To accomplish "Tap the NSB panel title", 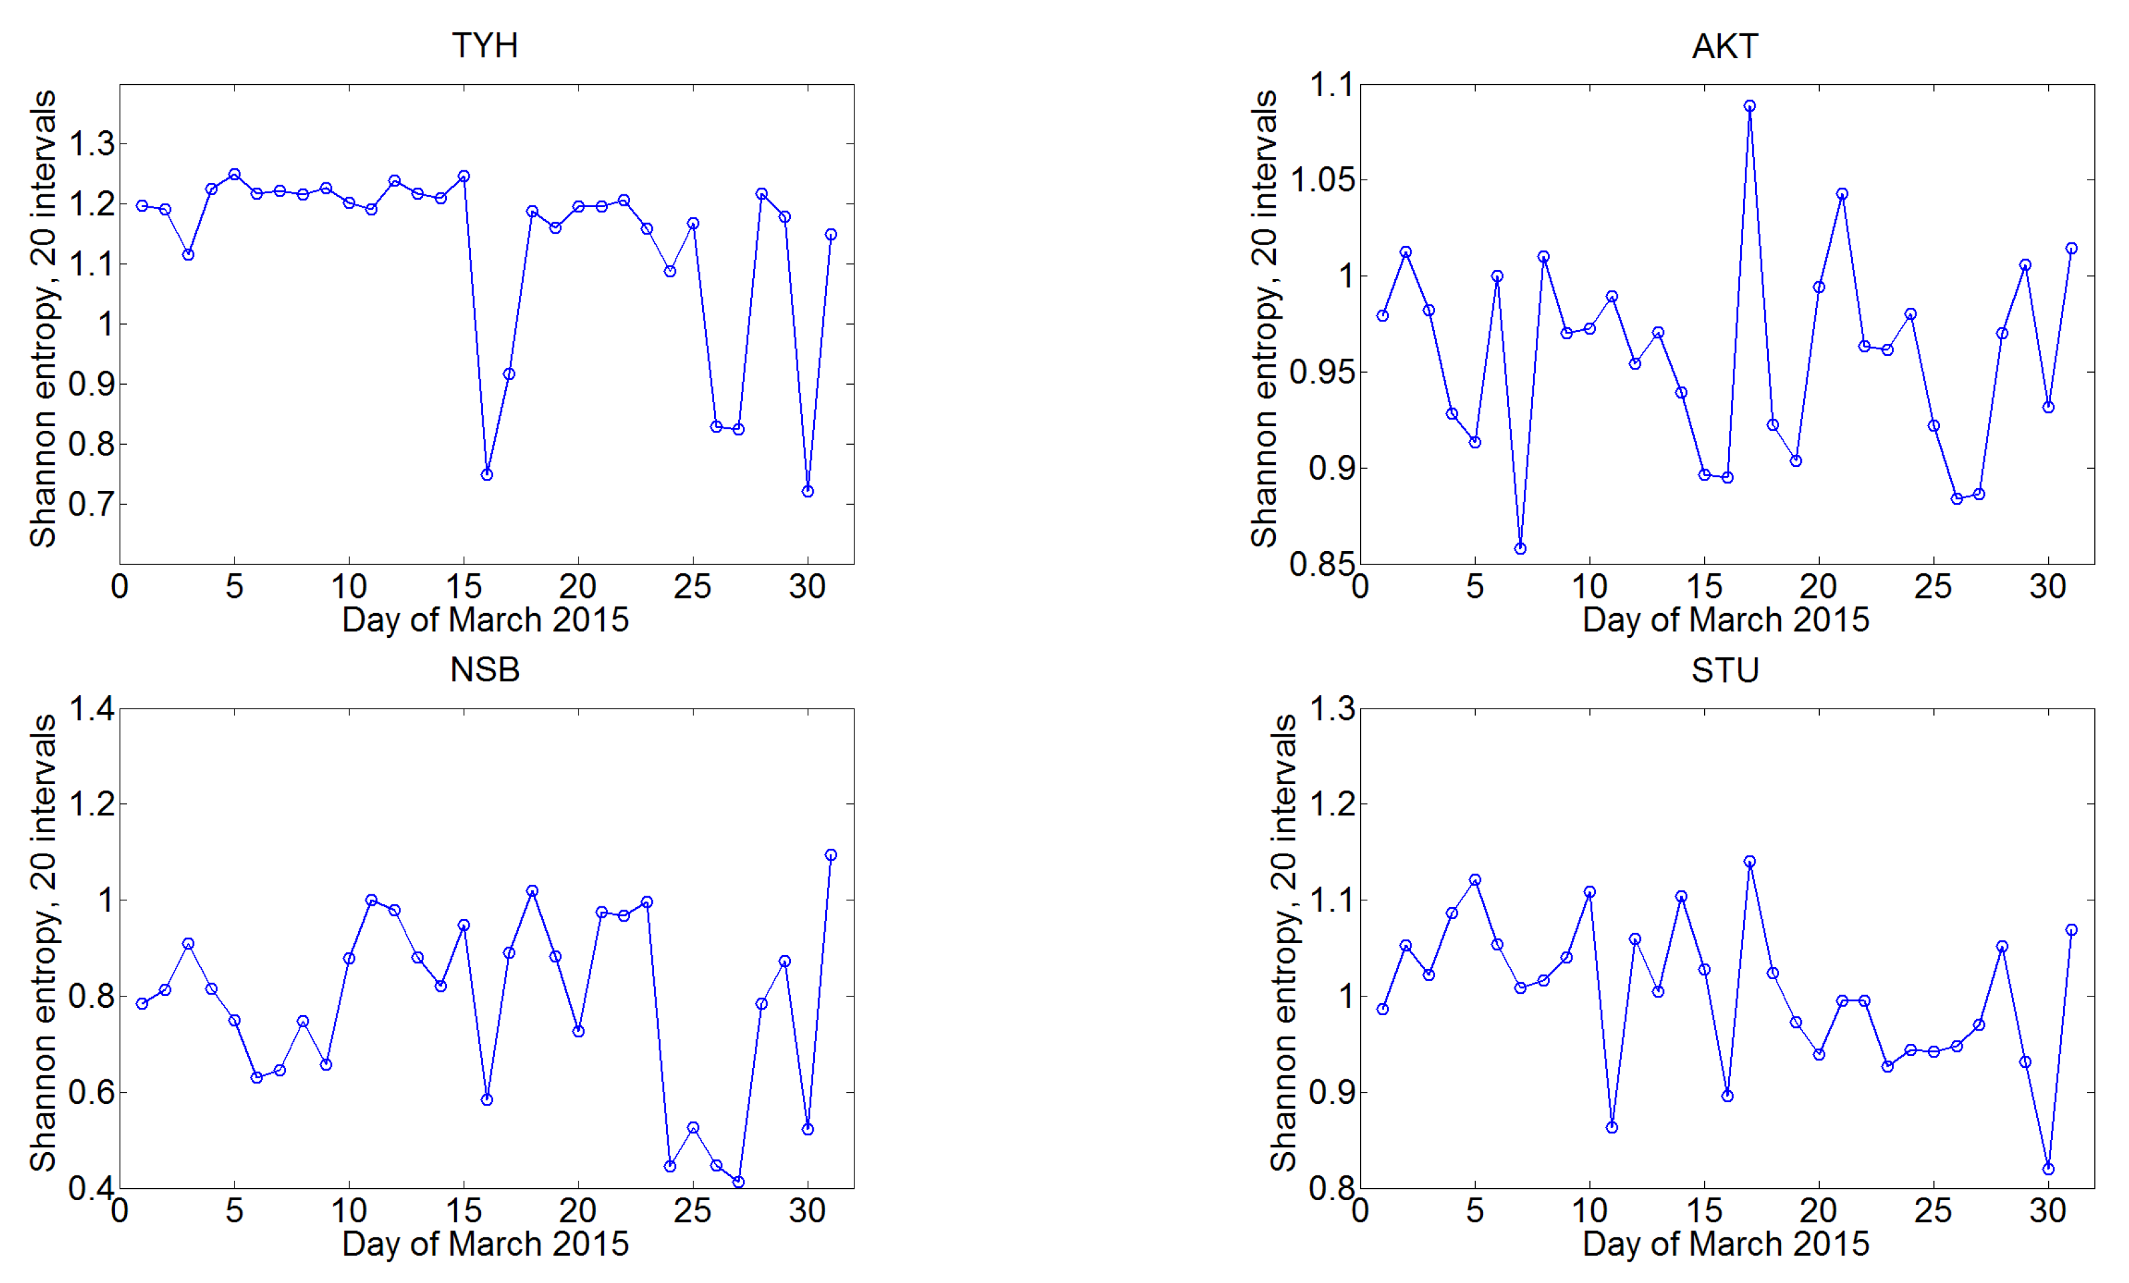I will (485, 670).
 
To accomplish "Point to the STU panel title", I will (1725, 670).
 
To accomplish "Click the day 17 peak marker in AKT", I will (1750, 106).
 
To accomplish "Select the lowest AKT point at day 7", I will (1520, 548).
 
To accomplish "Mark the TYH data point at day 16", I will (486, 474).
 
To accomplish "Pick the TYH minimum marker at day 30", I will (808, 492).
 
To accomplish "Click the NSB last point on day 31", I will (831, 854).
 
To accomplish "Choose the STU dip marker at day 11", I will (1613, 1127).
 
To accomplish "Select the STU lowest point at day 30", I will (2049, 1169).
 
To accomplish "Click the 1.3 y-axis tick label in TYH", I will (92, 144).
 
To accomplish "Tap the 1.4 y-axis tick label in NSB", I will (92, 709).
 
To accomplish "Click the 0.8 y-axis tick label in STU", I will (1331, 1188).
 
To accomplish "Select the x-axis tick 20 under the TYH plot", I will (577, 586).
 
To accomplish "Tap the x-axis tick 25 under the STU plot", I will (1934, 1210).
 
